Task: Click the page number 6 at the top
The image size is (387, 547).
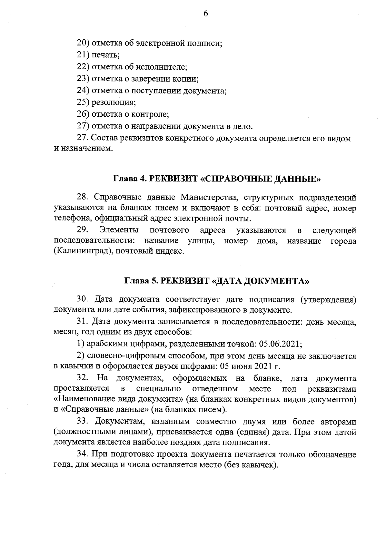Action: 206,14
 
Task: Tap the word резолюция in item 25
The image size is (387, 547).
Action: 114,103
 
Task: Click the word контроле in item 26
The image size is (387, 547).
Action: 153,114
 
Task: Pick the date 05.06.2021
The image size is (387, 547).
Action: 280,344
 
